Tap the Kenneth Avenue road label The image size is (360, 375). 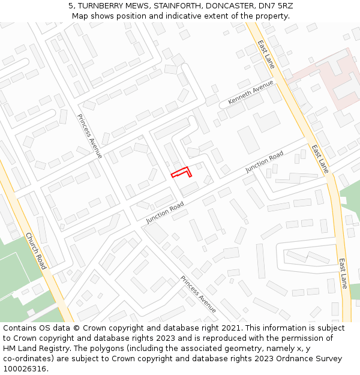click(251, 92)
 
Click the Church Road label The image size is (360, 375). click(36, 251)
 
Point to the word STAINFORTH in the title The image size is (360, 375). click(180, 5)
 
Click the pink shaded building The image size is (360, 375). click(327, 81)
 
